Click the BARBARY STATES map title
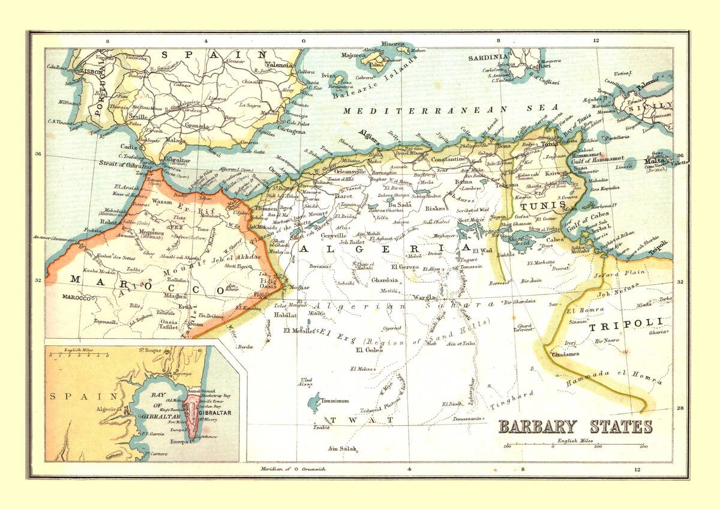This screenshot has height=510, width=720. [x=575, y=427]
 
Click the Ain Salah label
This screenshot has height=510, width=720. [x=342, y=449]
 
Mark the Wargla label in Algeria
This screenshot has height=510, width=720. [x=424, y=296]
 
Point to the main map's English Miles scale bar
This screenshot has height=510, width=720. [x=575, y=445]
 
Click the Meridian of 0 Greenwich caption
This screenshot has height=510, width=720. [x=293, y=469]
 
